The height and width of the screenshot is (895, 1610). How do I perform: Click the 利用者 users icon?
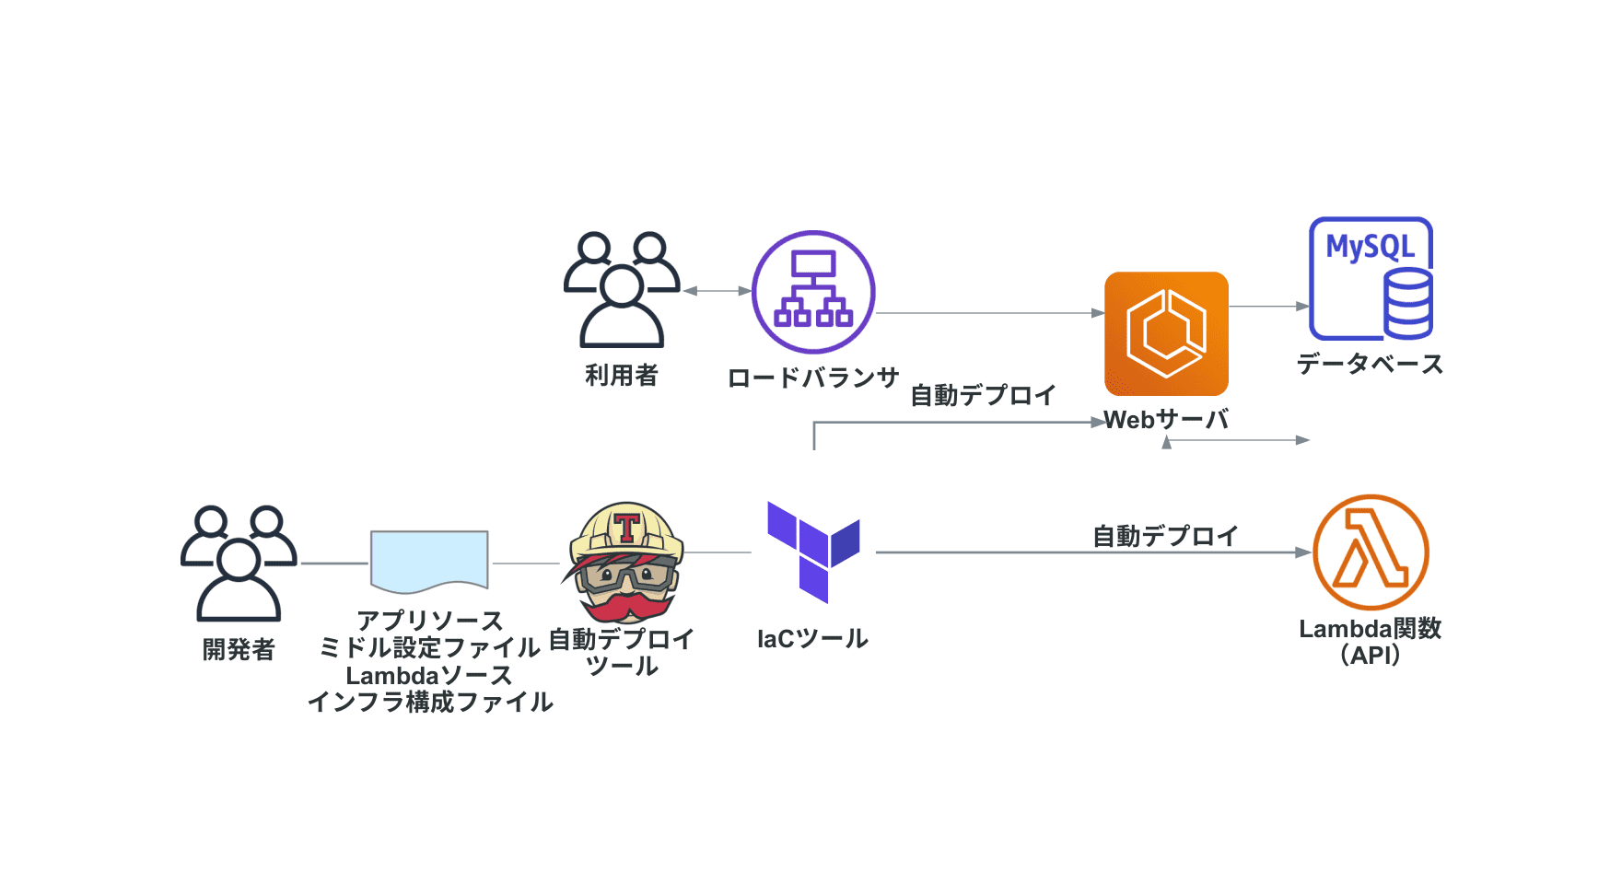[622, 289]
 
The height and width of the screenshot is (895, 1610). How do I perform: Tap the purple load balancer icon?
[813, 292]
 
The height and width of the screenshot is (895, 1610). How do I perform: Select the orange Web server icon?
[1166, 333]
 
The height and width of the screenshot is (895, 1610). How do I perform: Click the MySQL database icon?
[1371, 279]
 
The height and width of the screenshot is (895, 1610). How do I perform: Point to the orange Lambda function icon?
[1371, 552]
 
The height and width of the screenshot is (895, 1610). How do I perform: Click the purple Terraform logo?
[812, 552]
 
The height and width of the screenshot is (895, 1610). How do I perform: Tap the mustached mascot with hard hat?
[624, 562]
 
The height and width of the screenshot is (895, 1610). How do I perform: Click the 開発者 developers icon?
[239, 563]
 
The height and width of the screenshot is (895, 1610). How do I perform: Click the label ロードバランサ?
[812, 378]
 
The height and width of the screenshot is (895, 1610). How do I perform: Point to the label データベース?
[1370, 365]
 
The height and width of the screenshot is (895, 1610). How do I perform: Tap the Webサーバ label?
[1167, 421]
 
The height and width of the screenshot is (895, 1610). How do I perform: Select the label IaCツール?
[812, 639]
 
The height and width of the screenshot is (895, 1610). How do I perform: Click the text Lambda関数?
[1370, 629]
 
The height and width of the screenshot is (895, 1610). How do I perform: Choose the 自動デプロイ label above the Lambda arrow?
[1165, 536]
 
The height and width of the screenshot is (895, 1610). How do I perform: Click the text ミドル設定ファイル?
[429, 648]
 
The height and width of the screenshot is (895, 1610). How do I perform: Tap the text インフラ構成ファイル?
[430, 703]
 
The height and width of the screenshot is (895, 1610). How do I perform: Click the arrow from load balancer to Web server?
[990, 313]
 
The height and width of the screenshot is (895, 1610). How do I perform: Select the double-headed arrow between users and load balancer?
[717, 291]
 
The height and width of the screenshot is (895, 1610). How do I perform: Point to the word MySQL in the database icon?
[1370, 247]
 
